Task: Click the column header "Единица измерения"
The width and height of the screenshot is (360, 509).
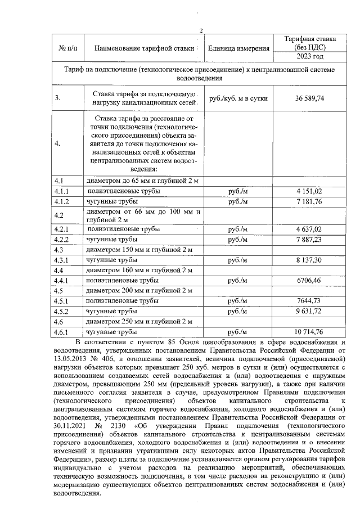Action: click(238, 48)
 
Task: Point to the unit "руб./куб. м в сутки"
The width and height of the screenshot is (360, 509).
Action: click(238, 98)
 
